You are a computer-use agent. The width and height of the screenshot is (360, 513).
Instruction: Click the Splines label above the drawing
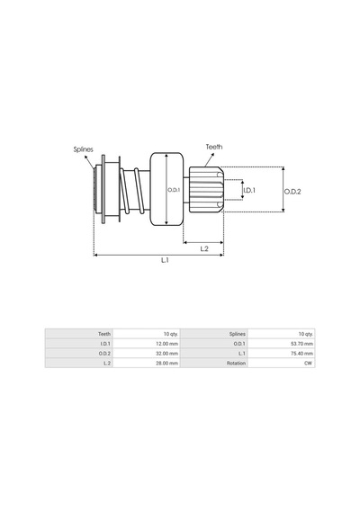tap(83, 149)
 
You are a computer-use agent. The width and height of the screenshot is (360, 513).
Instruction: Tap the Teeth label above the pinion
tap(214, 147)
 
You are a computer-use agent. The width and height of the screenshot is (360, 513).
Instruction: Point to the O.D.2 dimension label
tap(292, 192)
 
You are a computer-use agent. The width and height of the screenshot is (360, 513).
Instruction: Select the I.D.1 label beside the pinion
tap(249, 190)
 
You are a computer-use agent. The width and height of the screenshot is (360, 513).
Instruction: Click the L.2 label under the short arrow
tap(204, 249)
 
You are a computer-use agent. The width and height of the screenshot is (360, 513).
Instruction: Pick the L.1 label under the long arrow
tap(165, 260)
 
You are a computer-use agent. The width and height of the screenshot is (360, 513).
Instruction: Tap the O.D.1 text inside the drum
tap(174, 190)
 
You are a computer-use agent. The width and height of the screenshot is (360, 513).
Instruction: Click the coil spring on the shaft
tap(132, 192)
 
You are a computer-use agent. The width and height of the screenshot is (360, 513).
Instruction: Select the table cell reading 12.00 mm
tap(166, 344)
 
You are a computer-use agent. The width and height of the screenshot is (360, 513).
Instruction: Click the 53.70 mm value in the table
tap(301, 344)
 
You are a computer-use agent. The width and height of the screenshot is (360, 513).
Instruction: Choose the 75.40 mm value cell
tap(301, 354)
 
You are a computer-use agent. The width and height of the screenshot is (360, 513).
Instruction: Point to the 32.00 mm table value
tap(166, 354)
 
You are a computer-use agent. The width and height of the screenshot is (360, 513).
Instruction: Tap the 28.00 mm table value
tap(166, 364)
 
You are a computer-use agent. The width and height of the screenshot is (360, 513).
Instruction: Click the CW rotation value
tap(308, 364)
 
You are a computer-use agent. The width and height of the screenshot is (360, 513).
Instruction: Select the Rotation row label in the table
tap(236, 364)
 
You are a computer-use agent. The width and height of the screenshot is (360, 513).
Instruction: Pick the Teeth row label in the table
tap(104, 334)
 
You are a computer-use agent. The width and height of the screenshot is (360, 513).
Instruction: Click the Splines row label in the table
tap(238, 334)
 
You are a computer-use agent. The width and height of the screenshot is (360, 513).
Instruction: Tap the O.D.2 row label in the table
tap(104, 354)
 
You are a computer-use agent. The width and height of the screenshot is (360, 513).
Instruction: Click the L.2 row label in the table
tap(107, 364)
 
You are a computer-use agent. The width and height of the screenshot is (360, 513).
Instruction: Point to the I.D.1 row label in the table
tap(105, 344)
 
